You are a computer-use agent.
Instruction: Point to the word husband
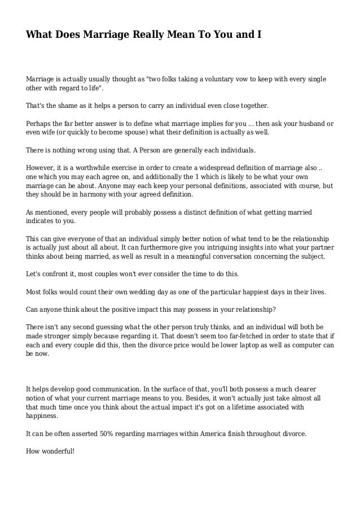[308, 123]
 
